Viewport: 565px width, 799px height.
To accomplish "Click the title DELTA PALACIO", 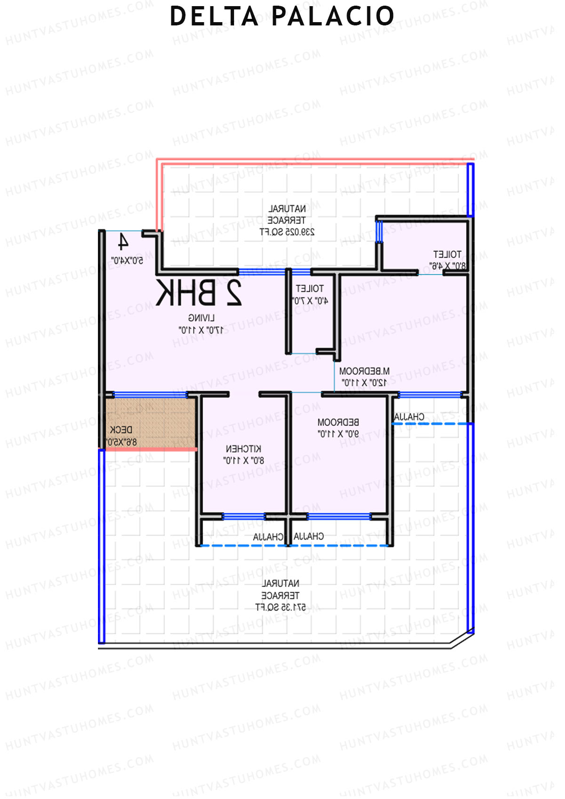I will [x=282, y=16].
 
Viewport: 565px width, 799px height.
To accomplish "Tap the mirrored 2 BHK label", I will [x=199, y=293].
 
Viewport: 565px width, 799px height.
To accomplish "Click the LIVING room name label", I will [x=202, y=318].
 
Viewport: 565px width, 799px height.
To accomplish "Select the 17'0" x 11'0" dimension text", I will [x=201, y=330].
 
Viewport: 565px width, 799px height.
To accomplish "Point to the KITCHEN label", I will [x=243, y=449].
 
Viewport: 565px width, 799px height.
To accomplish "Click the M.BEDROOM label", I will [x=364, y=371].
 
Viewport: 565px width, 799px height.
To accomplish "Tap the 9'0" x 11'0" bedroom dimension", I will [x=338, y=434].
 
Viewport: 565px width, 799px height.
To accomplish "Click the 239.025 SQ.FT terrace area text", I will [x=287, y=232].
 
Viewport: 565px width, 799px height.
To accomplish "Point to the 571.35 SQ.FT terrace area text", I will [x=281, y=607].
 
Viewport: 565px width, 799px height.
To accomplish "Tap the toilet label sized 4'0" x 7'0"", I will [x=310, y=288].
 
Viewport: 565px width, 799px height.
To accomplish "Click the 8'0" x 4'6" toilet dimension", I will [x=447, y=266].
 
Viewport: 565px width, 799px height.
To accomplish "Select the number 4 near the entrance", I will [x=123, y=242].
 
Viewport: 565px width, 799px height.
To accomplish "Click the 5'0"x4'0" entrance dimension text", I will [x=127, y=260].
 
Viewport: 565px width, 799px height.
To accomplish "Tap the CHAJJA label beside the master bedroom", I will [x=409, y=417].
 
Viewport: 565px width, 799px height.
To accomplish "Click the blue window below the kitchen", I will [x=243, y=517].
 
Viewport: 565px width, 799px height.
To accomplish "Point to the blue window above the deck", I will [x=151, y=395].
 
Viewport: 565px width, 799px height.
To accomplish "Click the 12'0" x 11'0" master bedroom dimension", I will [x=364, y=383].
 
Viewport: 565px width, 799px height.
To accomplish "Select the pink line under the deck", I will [x=151, y=450].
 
